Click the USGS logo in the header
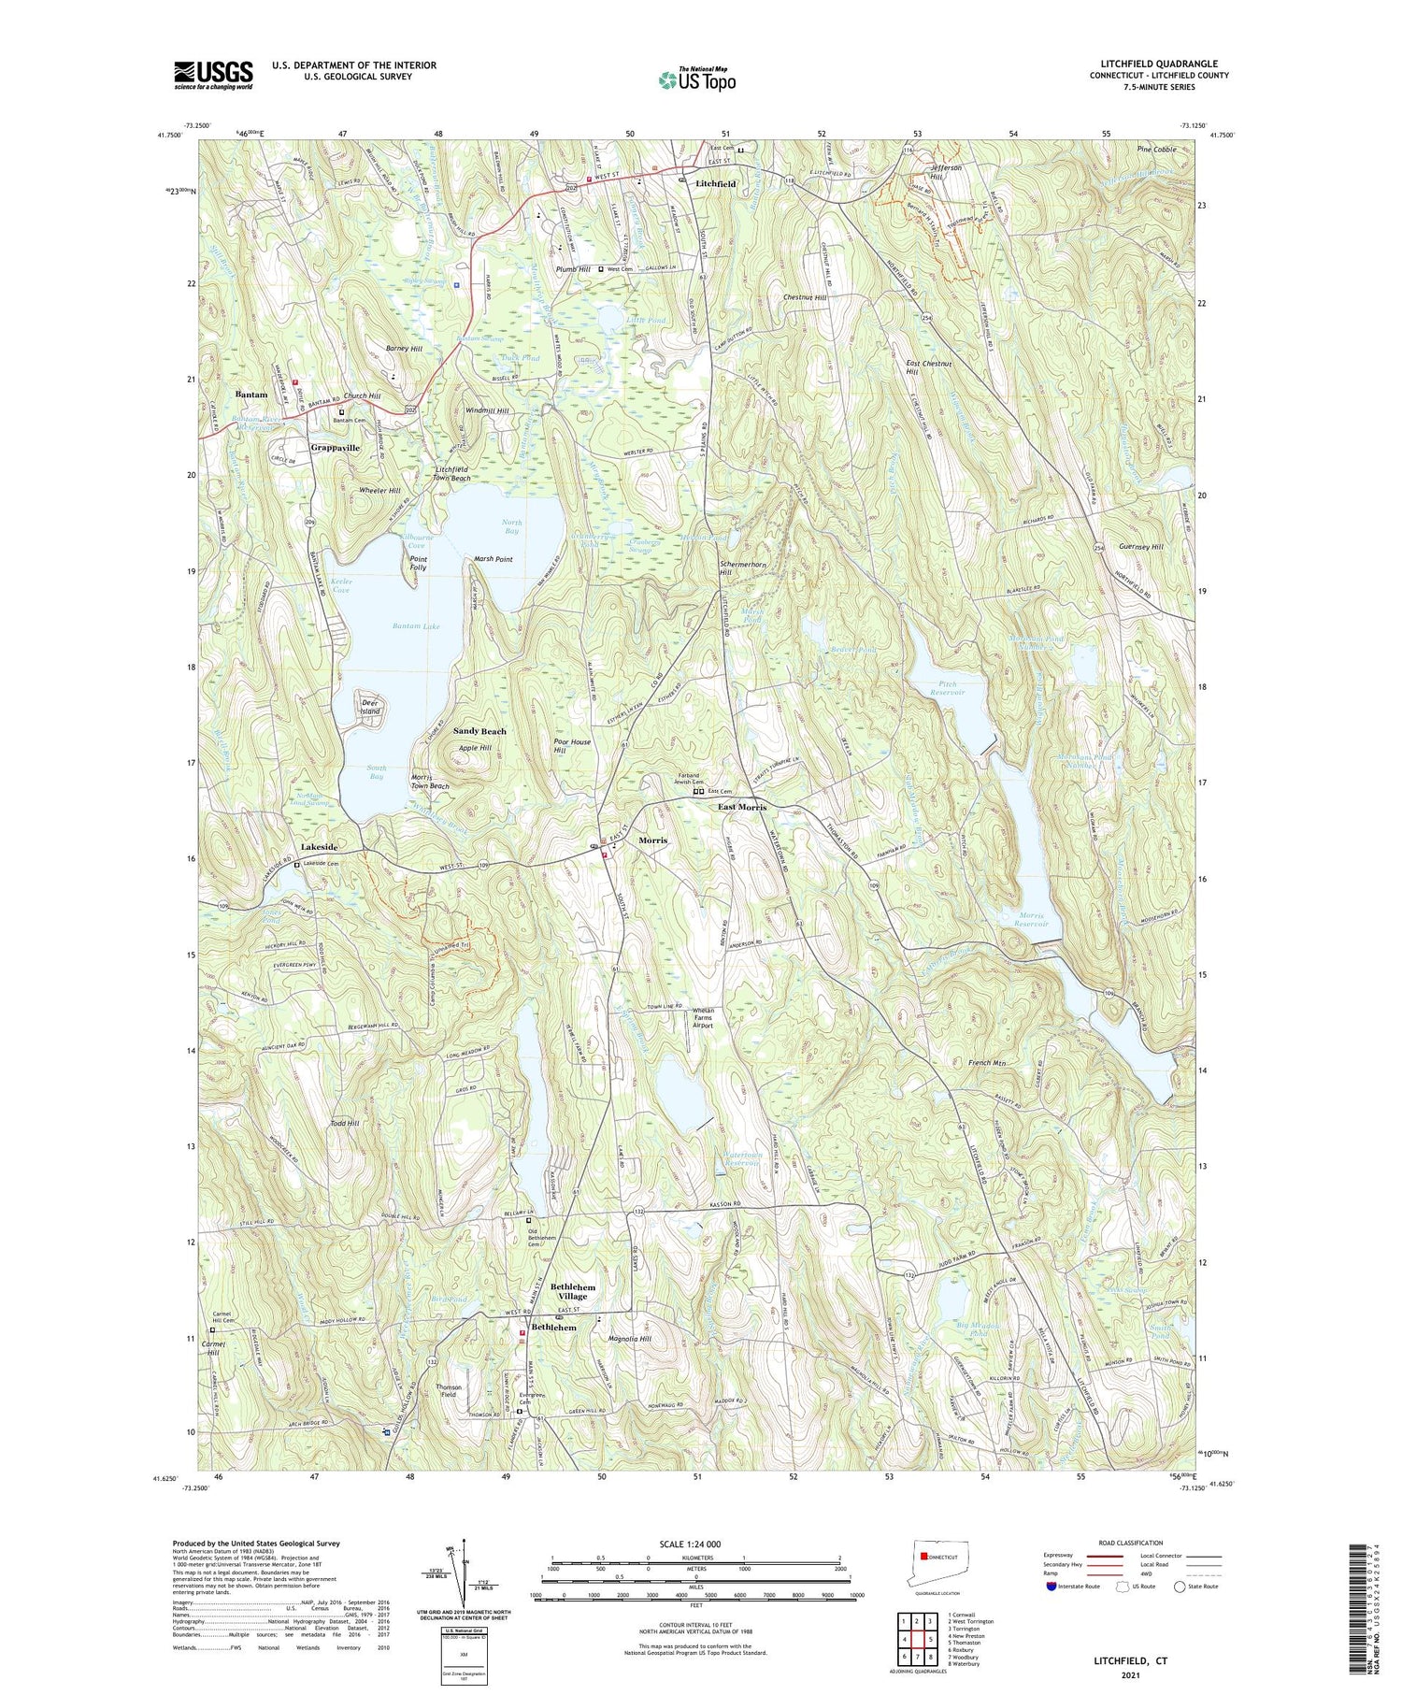click(x=213, y=75)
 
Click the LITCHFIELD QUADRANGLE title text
click(x=1158, y=64)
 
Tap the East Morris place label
click(x=741, y=807)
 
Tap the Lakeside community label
click(x=319, y=847)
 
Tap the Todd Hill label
click(x=345, y=1123)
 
